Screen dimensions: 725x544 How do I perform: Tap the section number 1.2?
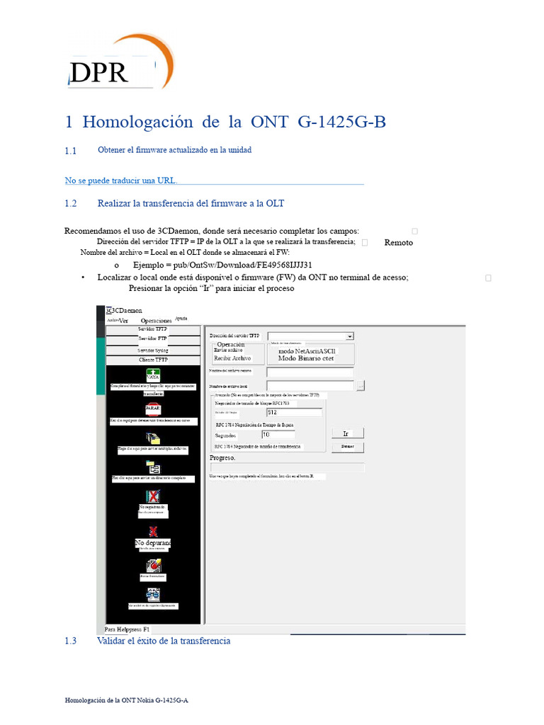pyautogui.click(x=70, y=204)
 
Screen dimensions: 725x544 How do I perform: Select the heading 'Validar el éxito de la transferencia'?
pyautogui.click(x=164, y=641)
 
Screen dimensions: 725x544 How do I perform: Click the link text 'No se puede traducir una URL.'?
pyautogui.click(x=121, y=181)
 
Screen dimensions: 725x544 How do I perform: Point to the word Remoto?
pyautogui.click(x=399, y=242)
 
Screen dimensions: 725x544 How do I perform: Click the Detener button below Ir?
pyautogui.click(x=347, y=447)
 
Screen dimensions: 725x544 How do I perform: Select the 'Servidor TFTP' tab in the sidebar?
pyautogui.click(x=153, y=329)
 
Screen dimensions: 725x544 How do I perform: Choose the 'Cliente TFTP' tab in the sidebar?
pyautogui.click(x=153, y=360)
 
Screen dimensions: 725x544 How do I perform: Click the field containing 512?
pyautogui.click(x=294, y=412)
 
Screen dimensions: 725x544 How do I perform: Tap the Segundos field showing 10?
pyautogui.click(x=278, y=435)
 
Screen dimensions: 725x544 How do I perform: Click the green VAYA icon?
pyautogui.click(x=153, y=375)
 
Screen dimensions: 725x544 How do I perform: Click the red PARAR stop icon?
pyautogui.click(x=153, y=409)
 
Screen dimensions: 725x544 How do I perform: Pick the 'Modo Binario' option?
pyautogui.click(x=305, y=358)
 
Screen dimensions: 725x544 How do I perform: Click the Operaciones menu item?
pyautogui.click(x=157, y=321)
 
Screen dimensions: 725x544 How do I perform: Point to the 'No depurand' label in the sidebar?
pyautogui.click(x=153, y=543)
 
